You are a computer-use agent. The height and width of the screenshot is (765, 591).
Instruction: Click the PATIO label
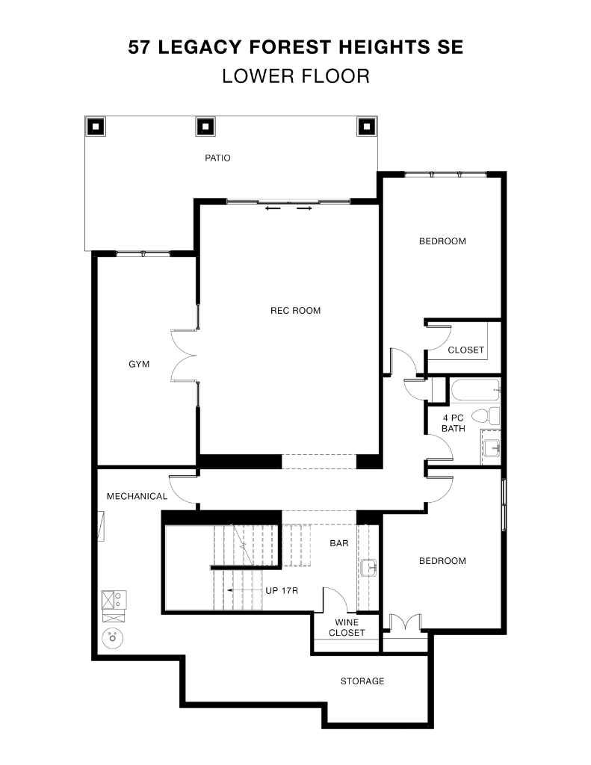pos(217,158)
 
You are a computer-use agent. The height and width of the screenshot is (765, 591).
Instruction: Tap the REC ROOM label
pos(295,310)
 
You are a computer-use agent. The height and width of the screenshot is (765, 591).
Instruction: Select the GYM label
pos(139,365)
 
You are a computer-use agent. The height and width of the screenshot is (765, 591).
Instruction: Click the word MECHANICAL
pos(137,496)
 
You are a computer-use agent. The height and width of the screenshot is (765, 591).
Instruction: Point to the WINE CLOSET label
pos(347,628)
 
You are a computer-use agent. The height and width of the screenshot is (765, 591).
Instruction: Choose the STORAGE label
pos(362,681)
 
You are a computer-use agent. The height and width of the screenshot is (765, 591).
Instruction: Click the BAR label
pos(339,543)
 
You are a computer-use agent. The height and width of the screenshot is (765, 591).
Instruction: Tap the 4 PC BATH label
pos(453,423)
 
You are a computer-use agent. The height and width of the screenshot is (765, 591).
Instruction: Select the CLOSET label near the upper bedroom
pos(466,350)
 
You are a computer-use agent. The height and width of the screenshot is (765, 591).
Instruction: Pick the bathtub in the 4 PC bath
pos(474,390)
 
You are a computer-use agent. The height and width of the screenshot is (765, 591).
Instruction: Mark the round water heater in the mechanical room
pos(113,637)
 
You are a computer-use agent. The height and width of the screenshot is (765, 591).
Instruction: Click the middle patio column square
pos(203,126)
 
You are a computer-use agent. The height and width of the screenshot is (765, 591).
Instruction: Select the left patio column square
pos(96,126)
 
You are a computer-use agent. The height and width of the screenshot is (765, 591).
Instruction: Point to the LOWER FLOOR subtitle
pos(296,76)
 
